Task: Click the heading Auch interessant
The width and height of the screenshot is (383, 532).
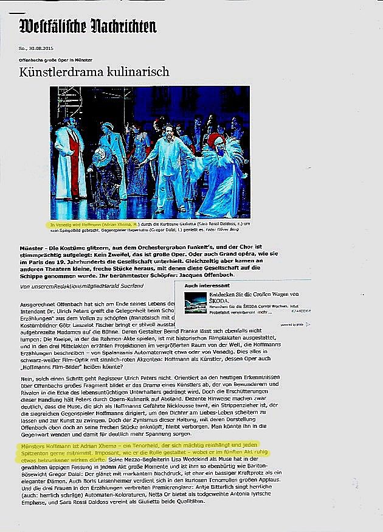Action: pos(203,285)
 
